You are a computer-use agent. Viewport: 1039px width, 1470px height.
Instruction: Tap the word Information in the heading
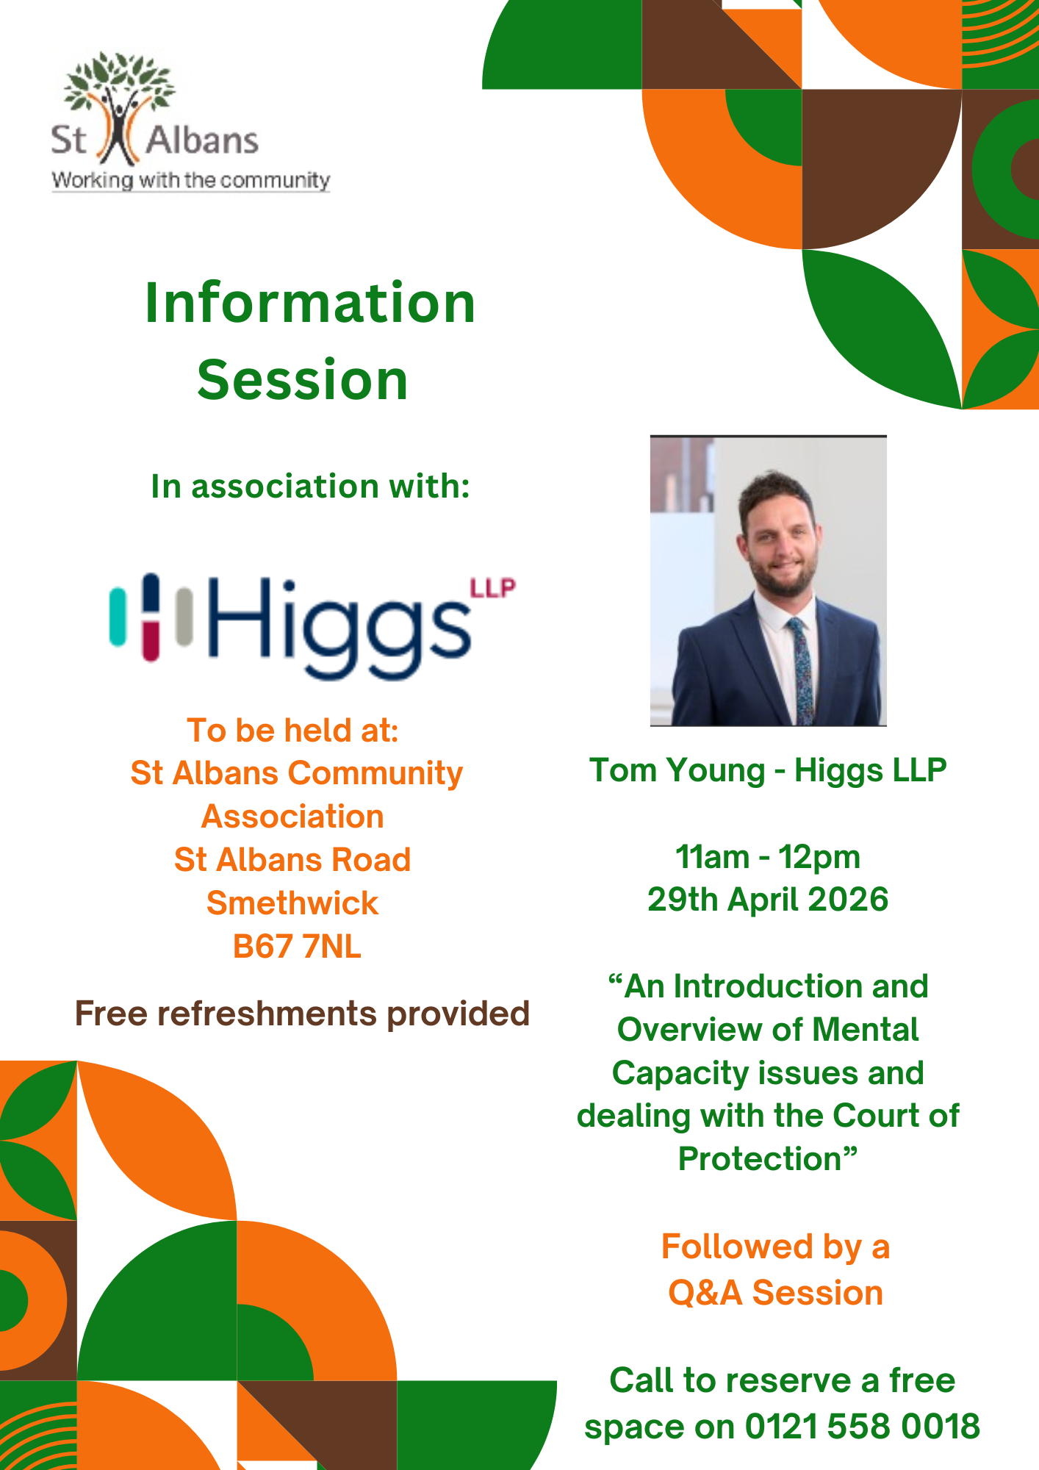point(310,303)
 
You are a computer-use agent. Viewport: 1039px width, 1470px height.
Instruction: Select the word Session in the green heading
point(303,380)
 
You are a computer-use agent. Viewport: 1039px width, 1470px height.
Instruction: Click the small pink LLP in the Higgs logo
point(492,588)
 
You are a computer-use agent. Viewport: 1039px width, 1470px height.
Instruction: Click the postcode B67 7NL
point(297,947)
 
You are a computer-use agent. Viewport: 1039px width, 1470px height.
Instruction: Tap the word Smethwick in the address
point(292,903)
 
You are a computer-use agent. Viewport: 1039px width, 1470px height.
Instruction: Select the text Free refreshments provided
point(302,1014)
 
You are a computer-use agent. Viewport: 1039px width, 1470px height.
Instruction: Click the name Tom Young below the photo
point(677,771)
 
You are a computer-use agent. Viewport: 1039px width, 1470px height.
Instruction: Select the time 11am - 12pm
point(768,857)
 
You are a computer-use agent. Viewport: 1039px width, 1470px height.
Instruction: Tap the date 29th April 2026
point(768,900)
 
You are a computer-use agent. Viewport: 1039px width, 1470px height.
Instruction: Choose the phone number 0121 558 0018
point(863,1427)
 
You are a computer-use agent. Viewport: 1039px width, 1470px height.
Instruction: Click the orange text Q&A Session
point(775,1293)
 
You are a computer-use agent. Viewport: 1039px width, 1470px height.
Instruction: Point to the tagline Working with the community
point(191,181)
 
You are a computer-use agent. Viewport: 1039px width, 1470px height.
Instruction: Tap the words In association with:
point(310,486)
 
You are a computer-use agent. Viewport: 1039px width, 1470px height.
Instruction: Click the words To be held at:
point(292,731)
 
